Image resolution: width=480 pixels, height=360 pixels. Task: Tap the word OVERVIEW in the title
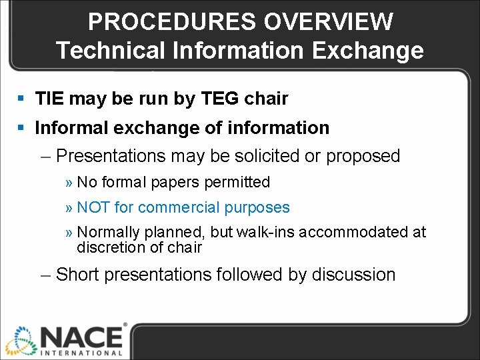click(x=328, y=21)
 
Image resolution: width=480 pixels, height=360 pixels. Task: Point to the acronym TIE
click(x=49, y=99)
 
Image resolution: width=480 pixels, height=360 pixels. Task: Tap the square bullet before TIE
click(x=22, y=99)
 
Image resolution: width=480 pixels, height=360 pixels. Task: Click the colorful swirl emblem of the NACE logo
click(x=19, y=341)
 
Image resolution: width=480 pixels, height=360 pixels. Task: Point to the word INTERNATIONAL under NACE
click(x=81, y=353)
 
